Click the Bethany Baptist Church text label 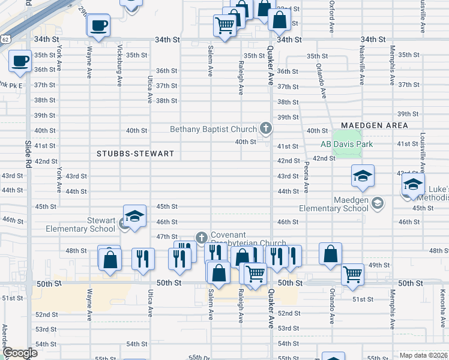click(x=213, y=129)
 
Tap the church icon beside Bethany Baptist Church click(x=265, y=128)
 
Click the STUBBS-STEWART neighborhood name click(x=135, y=154)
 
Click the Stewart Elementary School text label click(x=81, y=224)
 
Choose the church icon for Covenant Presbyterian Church click(x=201, y=238)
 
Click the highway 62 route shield click(x=5, y=39)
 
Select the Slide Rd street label click(x=28, y=154)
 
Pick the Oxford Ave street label click(x=331, y=16)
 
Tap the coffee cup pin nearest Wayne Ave click(x=98, y=25)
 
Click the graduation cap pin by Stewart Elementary click(x=135, y=217)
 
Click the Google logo click(x=19, y=353)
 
